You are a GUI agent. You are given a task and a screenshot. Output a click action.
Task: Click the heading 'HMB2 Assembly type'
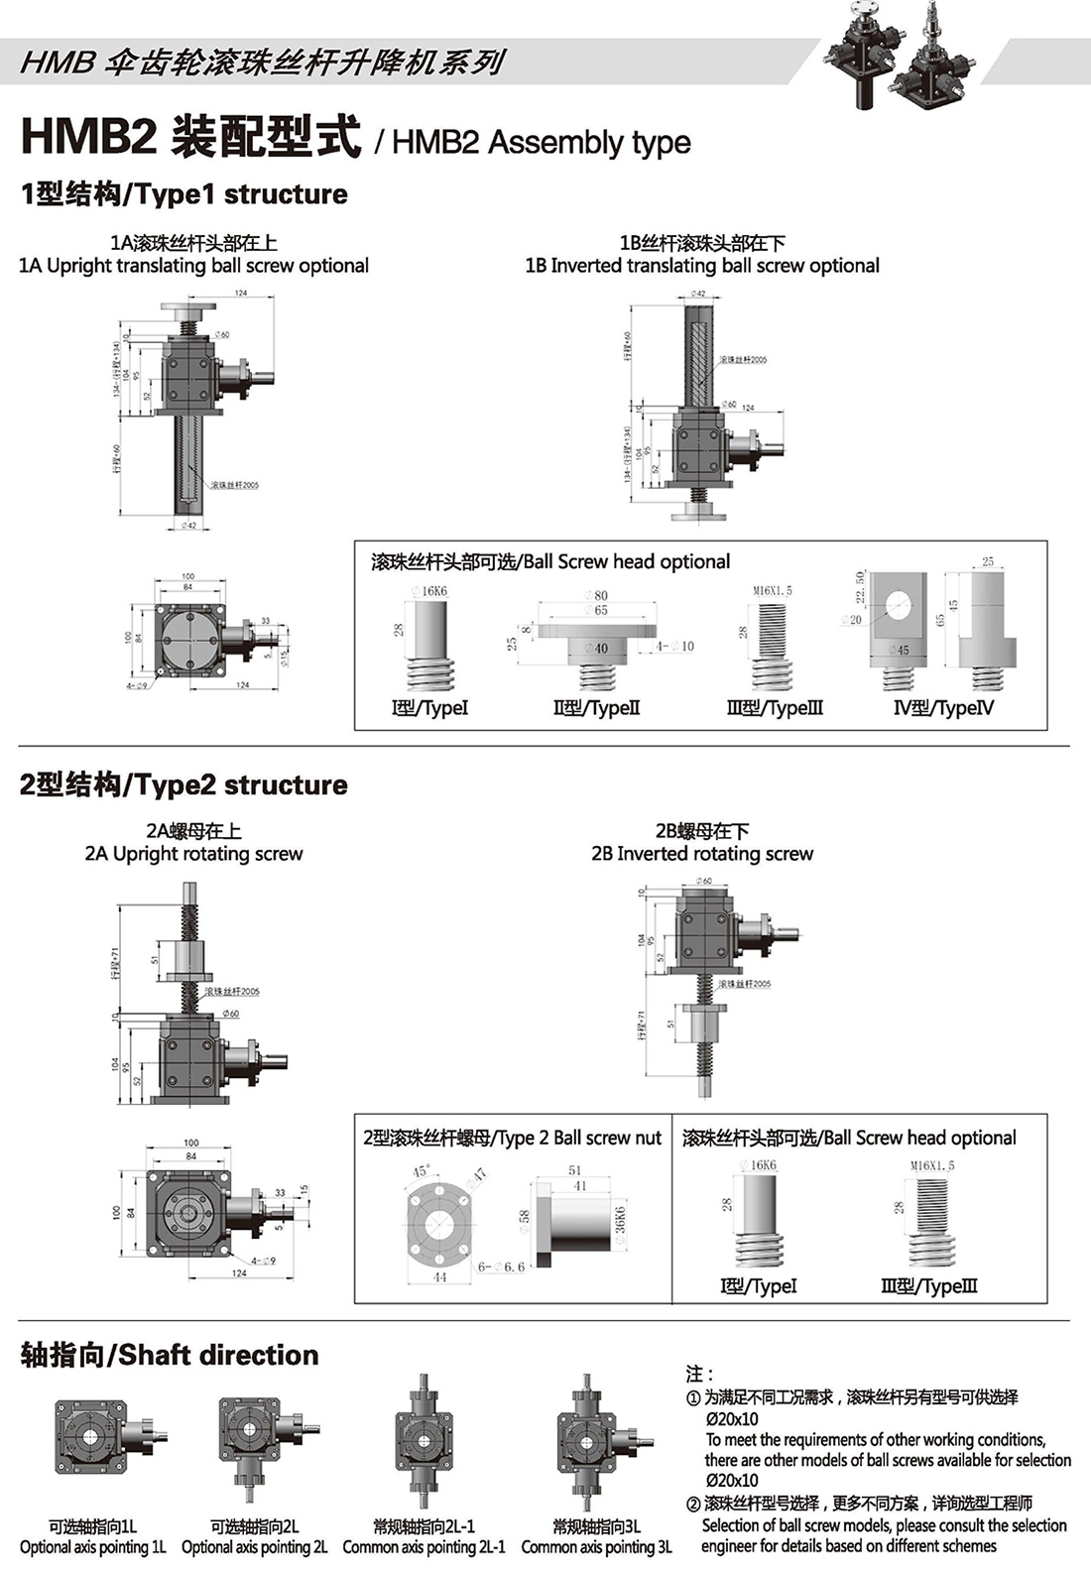point(542,143)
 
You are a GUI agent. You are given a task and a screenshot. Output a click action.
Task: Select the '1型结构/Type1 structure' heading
point(184,194)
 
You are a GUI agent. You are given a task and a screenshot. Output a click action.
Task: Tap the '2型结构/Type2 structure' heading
point(184,785)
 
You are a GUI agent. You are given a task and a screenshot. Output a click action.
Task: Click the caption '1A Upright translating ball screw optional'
point(194,266)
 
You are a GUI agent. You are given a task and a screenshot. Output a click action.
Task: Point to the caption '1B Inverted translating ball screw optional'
point(702,266)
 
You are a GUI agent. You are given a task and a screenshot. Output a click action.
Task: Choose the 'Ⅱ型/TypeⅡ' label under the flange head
point(596,708)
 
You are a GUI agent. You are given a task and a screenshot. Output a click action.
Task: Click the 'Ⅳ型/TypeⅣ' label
point(943,708)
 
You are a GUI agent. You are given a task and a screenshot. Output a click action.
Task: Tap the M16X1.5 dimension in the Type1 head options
point(773,591)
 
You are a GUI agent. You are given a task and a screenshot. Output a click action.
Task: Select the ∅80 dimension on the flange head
point(597,595)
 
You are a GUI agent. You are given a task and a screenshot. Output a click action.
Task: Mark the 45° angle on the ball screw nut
point(421,1172)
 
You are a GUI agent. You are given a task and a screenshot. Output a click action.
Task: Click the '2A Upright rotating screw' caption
point(193,854)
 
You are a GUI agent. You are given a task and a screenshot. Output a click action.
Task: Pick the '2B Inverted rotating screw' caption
point(702,854)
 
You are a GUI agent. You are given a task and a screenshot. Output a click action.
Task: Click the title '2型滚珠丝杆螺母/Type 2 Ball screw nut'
point(512,1139)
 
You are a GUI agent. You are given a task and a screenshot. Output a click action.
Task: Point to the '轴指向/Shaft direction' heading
point(170,1355)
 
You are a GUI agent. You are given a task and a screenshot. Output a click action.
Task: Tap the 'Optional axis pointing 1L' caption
point(93,1547)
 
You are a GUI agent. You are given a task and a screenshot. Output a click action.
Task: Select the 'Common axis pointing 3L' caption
point(596,1547)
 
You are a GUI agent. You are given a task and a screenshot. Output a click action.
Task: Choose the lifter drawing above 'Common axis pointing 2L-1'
point(424,1443)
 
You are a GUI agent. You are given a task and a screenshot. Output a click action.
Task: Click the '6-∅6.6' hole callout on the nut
point(501,1267)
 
